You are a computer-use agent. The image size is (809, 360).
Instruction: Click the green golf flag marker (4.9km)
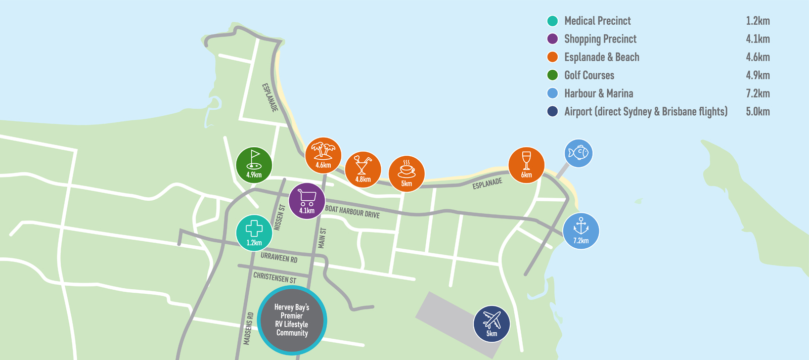click(x=254, y=165)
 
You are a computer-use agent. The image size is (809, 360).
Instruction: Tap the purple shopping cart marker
click(x=307, y=201)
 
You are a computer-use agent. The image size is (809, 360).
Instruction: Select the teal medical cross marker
click(x=254, y=233)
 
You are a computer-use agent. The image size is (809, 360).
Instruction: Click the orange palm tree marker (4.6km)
click(x=323, y=155)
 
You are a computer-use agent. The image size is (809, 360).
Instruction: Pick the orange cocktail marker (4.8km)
click(x=363, y=169)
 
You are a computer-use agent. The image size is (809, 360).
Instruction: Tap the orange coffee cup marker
click(x=407, y=173)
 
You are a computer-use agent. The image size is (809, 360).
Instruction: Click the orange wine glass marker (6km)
click(x=526, y=165)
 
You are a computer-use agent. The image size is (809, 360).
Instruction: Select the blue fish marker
click(x=578, y=153)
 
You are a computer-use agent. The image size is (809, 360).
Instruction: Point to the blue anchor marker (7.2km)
click(x=581, y=231)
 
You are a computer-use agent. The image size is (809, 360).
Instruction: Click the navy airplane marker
click(x=491, y=324)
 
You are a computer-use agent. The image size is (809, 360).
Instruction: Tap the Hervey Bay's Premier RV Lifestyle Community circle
click(x=292, y=320)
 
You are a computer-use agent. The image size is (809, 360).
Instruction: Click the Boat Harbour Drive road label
click(x=352, y=212)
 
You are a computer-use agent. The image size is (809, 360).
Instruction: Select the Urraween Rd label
click(x=279, y=258)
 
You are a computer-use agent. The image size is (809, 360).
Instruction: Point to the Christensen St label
click(x=275, y=278)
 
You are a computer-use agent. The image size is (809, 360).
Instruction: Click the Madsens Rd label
click(x=248, y=329)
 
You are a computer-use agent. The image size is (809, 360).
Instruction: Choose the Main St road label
click(x=322, y=238)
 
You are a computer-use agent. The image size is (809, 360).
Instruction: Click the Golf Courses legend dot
click(x=552, y=75)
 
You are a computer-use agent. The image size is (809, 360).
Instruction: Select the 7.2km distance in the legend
click(x=757, y=94)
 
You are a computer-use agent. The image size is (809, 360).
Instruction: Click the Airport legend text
click(x=646, y=112)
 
